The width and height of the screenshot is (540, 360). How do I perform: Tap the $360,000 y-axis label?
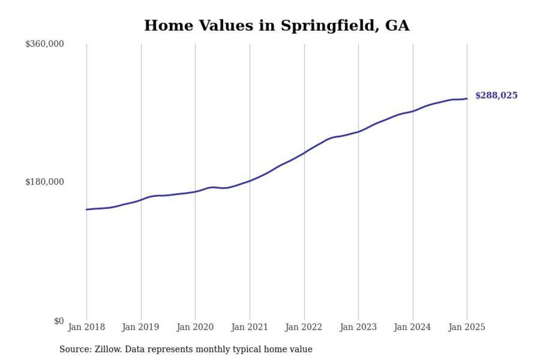45,44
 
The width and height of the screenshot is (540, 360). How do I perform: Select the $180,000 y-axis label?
45,182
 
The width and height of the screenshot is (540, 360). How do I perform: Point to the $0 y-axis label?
59,321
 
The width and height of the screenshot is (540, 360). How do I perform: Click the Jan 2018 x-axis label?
86,327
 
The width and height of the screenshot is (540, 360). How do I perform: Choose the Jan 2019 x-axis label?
141,327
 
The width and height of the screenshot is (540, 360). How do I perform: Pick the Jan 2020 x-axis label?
195,327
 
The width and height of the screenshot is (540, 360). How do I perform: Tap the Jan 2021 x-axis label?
249,327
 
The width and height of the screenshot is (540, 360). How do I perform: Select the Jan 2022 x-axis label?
304,327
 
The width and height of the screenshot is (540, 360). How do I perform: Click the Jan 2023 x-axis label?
358,327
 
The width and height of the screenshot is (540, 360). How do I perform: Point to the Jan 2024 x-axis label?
412,327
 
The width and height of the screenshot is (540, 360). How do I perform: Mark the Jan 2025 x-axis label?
467,327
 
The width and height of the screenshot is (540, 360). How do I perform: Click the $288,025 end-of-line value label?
496,96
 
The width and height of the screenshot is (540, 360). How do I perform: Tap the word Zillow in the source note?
108,349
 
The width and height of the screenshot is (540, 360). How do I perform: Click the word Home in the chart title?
169,26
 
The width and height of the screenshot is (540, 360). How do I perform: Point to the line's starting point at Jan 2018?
87,209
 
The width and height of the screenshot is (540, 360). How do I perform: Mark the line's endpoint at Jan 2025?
467,99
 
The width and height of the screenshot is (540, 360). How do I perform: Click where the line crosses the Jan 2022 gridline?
304,152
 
